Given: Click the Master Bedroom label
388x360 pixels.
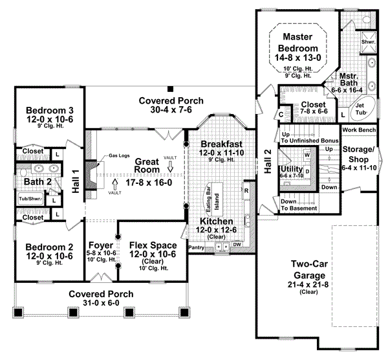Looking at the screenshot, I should pos(299,41).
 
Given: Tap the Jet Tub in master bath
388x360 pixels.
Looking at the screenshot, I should pos(360,108).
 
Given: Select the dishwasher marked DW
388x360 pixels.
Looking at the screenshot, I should pos(237,244).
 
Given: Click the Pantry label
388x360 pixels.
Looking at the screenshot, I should pos(196,247).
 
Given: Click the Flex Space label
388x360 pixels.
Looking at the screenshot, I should pos(145,246).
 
